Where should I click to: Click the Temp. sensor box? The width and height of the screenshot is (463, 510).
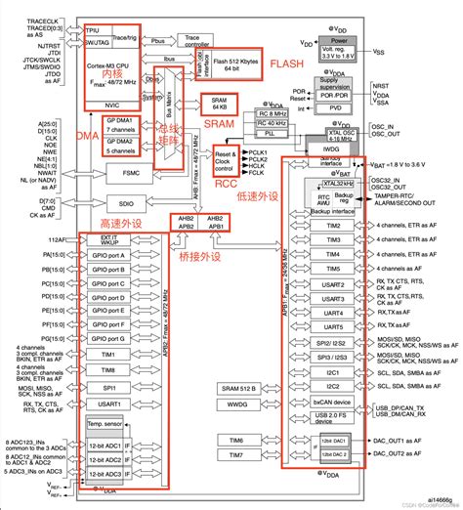[105, 425]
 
